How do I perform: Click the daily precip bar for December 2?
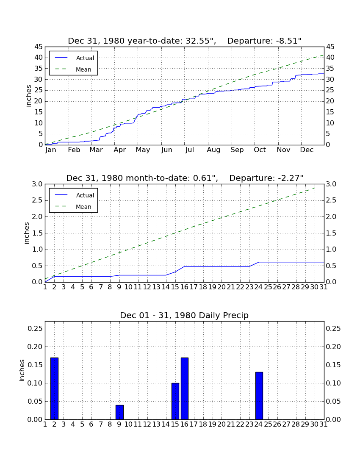(54, 388)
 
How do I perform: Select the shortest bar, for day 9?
(119, 412)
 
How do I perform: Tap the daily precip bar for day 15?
(175, 401)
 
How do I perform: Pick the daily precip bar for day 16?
(185, 388)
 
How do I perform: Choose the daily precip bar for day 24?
(259, 396)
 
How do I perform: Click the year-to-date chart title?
(185, 41)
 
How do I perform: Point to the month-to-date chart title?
(185, 178)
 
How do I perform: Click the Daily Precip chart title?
(184, 315)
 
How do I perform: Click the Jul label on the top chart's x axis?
(189, 150)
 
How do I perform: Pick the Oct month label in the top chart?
(260, 150)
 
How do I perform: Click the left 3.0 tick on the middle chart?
(37, 184)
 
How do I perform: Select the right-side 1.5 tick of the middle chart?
(331, 233)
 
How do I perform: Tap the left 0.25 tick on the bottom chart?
(35, 328)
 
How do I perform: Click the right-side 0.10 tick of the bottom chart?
(333, 383)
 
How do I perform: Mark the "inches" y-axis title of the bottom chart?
(22, 370)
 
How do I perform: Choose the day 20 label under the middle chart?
(222, 287)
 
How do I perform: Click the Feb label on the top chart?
(74, 150)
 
